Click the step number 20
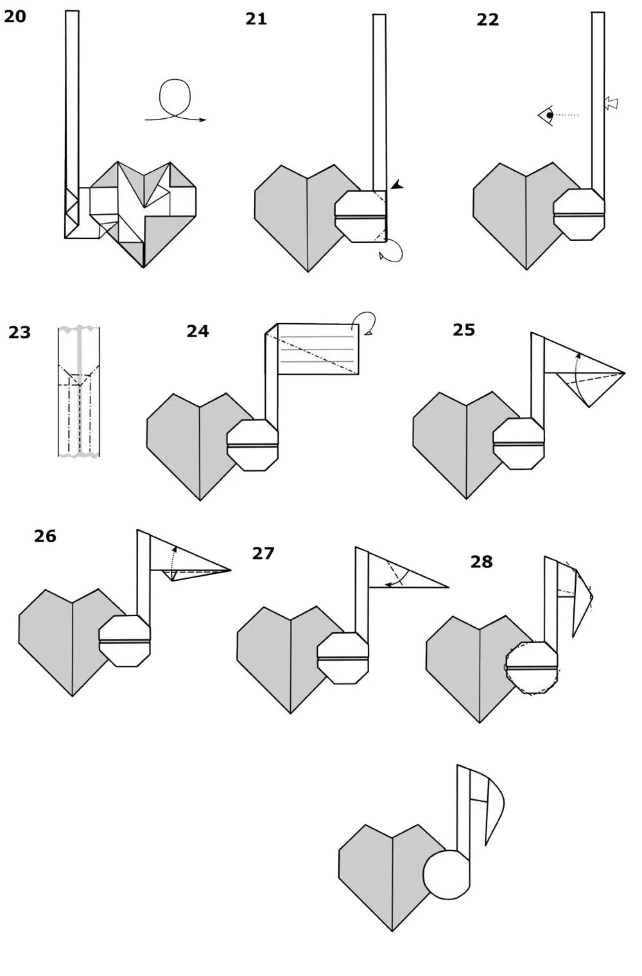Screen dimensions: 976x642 tap(15, 16)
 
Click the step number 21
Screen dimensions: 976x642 tap(256, 19)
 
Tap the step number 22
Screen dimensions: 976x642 tap(487, 20)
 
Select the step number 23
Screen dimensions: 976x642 tap(19, 332)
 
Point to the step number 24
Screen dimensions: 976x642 tap(198, 331)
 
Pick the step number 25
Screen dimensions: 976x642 tap(464, 330)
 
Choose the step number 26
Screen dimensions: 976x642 tap(45, 536)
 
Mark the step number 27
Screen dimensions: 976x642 tap(263, 553)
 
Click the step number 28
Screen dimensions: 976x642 tap(481, 562)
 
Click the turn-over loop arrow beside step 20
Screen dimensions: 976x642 tap(175, 103)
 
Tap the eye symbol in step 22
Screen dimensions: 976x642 tap(546, 116)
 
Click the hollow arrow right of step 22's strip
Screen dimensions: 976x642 tap(611, 103)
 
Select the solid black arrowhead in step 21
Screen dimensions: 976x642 tap(397, 185)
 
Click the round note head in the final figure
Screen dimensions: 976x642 tap(447, 874)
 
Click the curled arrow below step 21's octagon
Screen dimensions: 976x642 tap(392, 251)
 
